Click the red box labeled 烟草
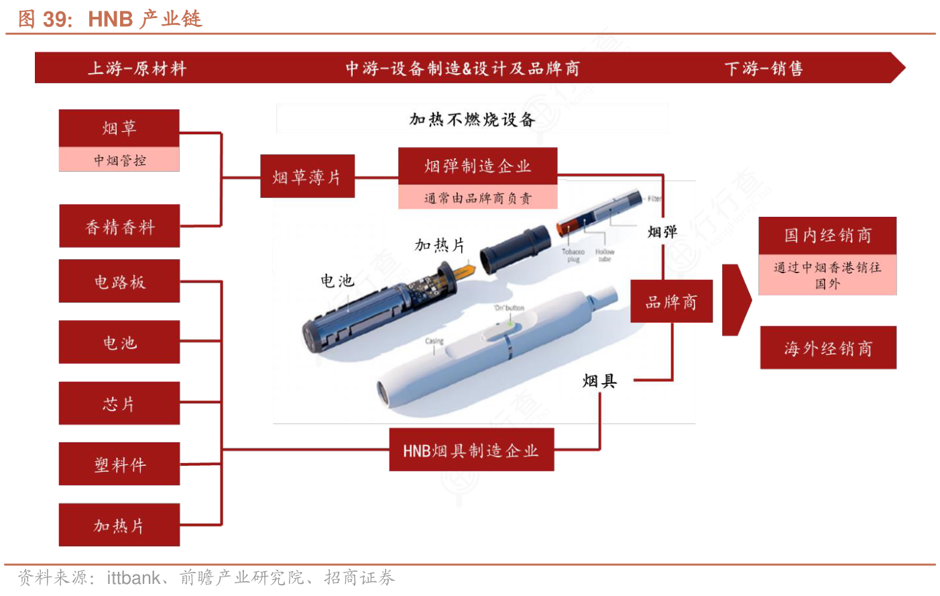pyautogui.click(x=119, y=128)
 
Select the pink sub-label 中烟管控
pyautogui.click(x=119, y=160)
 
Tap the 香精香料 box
pyautogui.click(x=119, y=227)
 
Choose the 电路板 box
pyautogui.click(x=119, y=281)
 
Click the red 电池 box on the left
pyautogui.click(x=119, y=342)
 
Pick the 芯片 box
pyautogui.click(x=119, y=403)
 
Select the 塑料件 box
pyautogui.click(x=119, y=464)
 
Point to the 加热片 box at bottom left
pyautogui.click(x=119, y=525)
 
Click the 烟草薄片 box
pyautogui.click(x=307, y=177)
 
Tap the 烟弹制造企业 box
pyautogui.click(x=477, y=166)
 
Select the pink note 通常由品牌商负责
pyautogui.click(x=477, y=198)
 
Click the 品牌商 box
pyautogui.click(x=671, y=302)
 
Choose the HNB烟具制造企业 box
pyautogui.click(x=471, y=450)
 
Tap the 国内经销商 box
pyautogui.click(x=827, y=236)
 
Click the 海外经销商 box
pyautogui.click(x=828, y=348)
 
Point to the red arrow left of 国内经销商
pyautogui.click(x=736, y=300)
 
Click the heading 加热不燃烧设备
pyautogui.click(x=472, y=119)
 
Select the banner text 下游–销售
pyautogui.click(x=764, y=68)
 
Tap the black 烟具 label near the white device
pyautogui.click(x=599, y=381)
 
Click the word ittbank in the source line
pyautogui.click(x=133, y=578)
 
